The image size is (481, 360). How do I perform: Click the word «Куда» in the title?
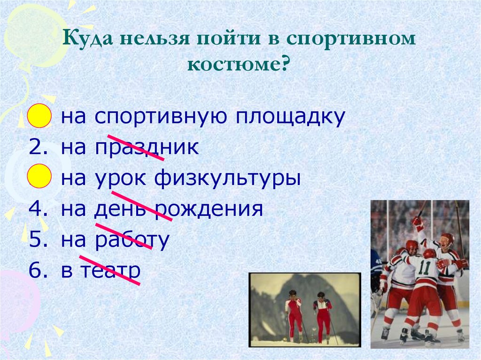(x=87, y=39)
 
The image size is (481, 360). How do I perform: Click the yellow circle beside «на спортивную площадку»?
(x=39, y=115)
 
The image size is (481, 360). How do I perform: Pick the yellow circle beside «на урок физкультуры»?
(x=39, y=176)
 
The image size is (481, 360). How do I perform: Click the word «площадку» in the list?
(x=290, y=117)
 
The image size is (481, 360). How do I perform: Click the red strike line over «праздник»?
(x=135, y=147)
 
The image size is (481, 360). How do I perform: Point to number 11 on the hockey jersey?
(x=425, y=267)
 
